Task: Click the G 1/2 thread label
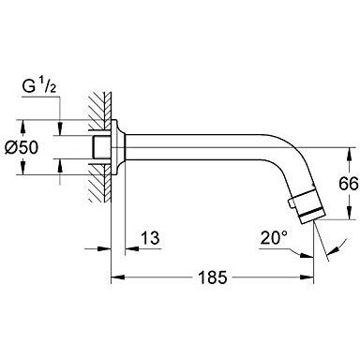click(38, 92)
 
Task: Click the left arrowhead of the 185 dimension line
click(116, 278)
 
